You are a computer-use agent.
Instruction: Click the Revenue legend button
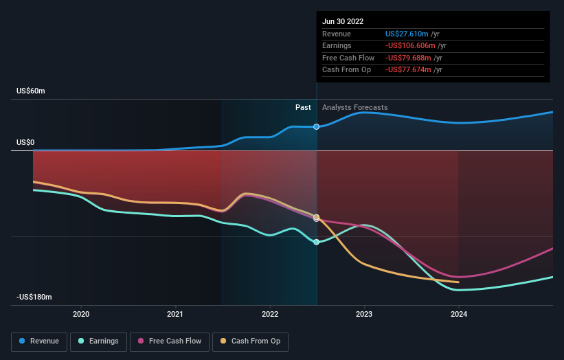pos(40,341)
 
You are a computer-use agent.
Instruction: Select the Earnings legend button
pos(98,341)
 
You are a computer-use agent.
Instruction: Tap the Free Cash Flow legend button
pos(170,341)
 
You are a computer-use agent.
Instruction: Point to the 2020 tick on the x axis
pos(81,314)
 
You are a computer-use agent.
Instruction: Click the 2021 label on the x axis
pos(175,314)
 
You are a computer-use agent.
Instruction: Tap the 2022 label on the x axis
pos(270,314)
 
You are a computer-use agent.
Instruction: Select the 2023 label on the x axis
pos(364,314)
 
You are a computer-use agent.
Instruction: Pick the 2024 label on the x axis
pos(459,314)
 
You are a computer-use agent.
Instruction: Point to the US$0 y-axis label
pos(26,143)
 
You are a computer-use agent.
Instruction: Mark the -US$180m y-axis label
pos(34,297)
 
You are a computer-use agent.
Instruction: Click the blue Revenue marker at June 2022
pos(317,126)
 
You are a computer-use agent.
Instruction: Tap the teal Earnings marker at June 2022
pos(317,242)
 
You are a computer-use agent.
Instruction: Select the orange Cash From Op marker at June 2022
pos(317,217)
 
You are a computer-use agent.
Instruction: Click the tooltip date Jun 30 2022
pos(343,21)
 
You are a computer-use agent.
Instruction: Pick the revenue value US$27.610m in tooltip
pos(407,34)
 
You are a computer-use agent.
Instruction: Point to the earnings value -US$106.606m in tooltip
pos(410,46)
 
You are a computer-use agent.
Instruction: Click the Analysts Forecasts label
pos(354,107)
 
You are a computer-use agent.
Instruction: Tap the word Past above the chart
pos(303,107)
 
